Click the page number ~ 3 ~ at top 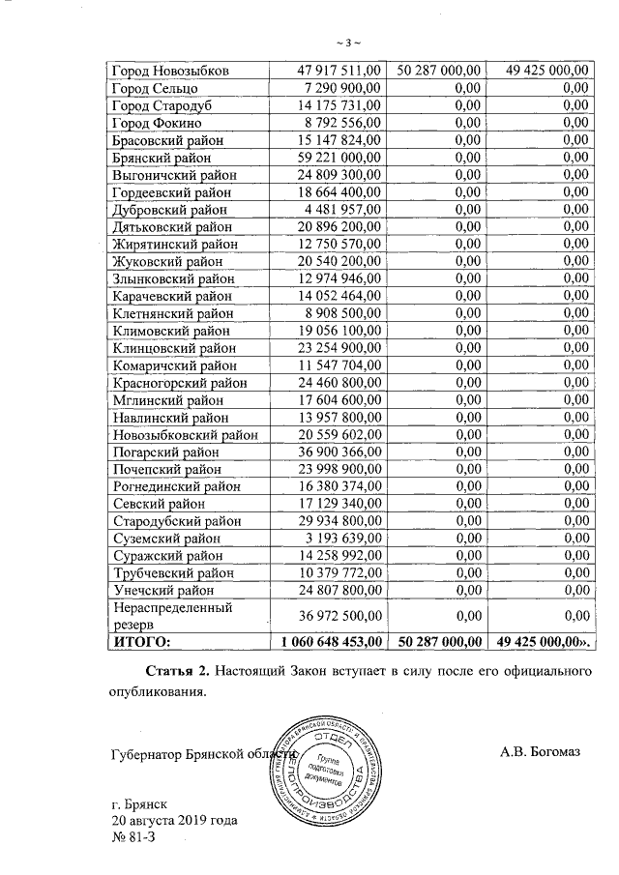pos(347,44)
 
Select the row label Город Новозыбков pos(170,71)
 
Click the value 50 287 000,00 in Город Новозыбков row pos(440,71)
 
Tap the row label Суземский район pos(166,538)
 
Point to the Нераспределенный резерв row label pos(170,617)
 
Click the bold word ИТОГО pos(143,641)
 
